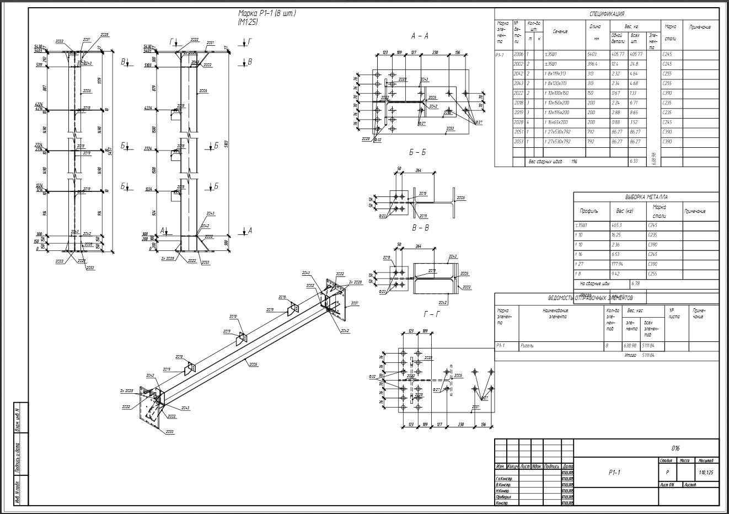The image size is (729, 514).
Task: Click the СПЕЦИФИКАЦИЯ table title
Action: tap(607, 14)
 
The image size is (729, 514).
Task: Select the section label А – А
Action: tap(420, 36)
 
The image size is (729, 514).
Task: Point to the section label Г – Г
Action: tap(431, 314)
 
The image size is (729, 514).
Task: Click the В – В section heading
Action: tap(420, 227)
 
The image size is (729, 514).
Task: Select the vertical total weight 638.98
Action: tap(653, 159)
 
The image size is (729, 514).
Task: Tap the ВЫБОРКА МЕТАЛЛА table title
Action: tap(646, 197)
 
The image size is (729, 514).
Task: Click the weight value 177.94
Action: tap(624, 264)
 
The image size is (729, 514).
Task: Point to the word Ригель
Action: tap(528, 346)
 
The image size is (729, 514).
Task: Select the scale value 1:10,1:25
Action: tap(705, 473)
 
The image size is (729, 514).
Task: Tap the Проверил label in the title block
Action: tap(503, 497)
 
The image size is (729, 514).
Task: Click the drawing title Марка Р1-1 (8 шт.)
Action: tap(267, 14)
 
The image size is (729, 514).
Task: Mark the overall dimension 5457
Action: tap(109, 149)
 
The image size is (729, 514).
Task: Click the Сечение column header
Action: tap(560, 31)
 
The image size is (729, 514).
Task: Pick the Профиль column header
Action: tap(588, 211)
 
